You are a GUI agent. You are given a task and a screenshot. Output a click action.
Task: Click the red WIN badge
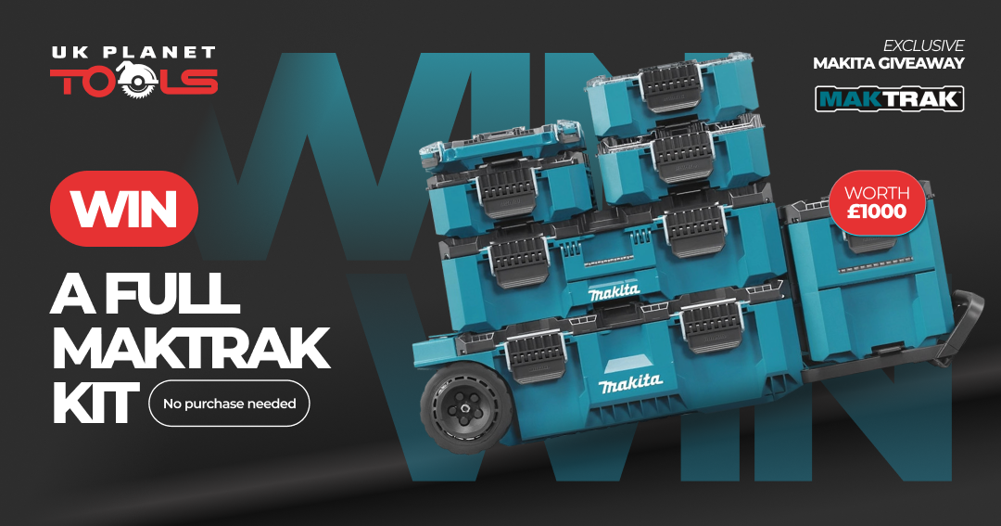coord(124,209)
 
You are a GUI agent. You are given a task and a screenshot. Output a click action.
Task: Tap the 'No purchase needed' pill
coord(229,404)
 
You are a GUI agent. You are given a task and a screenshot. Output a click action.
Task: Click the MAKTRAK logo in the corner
coord(889,99)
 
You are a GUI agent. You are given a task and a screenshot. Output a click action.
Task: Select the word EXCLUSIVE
coord(923,45)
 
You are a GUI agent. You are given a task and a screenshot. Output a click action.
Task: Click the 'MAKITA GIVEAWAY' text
coord(888,63)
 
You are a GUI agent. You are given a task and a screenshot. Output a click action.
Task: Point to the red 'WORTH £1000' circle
coord(877,202)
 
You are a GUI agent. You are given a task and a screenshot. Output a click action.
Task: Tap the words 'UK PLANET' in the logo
coord(133,52)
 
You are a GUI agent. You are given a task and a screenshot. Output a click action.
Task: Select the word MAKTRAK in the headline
coord(190,348)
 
